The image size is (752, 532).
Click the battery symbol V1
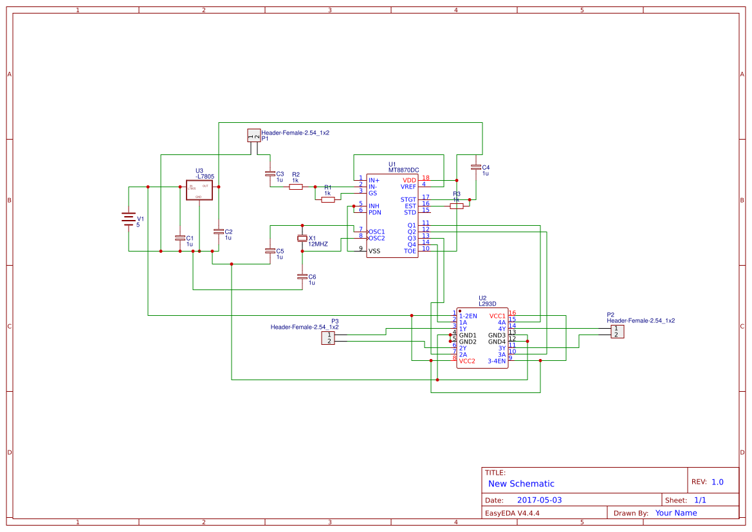(129, 219)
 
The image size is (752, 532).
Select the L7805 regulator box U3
(199, 190)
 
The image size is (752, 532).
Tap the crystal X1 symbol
(302, 239)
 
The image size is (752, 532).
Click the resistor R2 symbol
(296, 187)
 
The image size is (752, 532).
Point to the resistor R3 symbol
(457, 206)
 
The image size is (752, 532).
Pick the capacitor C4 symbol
(476, 167)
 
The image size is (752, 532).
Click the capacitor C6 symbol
(302, 277)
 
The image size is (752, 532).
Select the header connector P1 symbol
(254, 135)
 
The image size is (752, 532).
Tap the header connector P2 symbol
(617, 332)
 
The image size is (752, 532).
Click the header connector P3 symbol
(328, 338)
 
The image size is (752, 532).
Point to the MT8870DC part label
(403, 170)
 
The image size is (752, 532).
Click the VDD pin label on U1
(409, 180)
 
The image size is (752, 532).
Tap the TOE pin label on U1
(410, 251)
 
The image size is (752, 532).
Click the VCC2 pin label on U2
(467, 361)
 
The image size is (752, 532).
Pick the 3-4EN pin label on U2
(497, 361)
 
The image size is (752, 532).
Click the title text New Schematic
(521, 484)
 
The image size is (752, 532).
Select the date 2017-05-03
(539, 500)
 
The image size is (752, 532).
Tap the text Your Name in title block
(675, 513)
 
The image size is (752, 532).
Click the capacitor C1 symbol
(180, 238)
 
